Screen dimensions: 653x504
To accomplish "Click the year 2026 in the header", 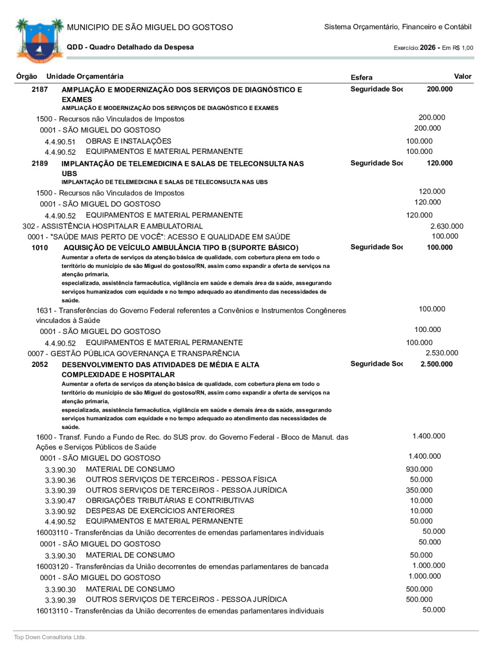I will pos(427,47).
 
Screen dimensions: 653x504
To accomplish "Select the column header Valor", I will pos(462,77).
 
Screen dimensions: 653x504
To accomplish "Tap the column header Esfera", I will pos(361,78).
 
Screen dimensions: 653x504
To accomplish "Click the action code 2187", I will pos(40,89).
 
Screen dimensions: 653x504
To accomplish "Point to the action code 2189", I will pos(40,164).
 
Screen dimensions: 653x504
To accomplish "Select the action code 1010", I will pos(40,248).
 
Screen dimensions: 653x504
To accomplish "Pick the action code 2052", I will pos(40,364).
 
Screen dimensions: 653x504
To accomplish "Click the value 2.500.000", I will pos(436,364).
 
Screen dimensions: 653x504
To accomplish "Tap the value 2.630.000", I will pos(447,227).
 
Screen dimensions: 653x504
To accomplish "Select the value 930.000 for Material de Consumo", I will pos(419,469).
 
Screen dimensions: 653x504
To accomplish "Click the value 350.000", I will pos(419,490).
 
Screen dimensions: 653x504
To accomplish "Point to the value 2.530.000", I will pos(442,353).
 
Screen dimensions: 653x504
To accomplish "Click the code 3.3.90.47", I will pos(60,501).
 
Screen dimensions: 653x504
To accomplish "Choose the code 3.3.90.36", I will pos(60,480).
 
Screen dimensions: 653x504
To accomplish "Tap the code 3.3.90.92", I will pos(60,512).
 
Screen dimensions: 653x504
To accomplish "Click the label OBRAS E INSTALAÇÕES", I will pos(129,141).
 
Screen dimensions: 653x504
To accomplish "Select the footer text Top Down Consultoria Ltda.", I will pos(50,637).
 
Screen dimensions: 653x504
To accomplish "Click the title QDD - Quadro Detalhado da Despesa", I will pos(130,47).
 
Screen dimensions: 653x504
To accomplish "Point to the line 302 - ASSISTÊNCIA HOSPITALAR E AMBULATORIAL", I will pos(112,227).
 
